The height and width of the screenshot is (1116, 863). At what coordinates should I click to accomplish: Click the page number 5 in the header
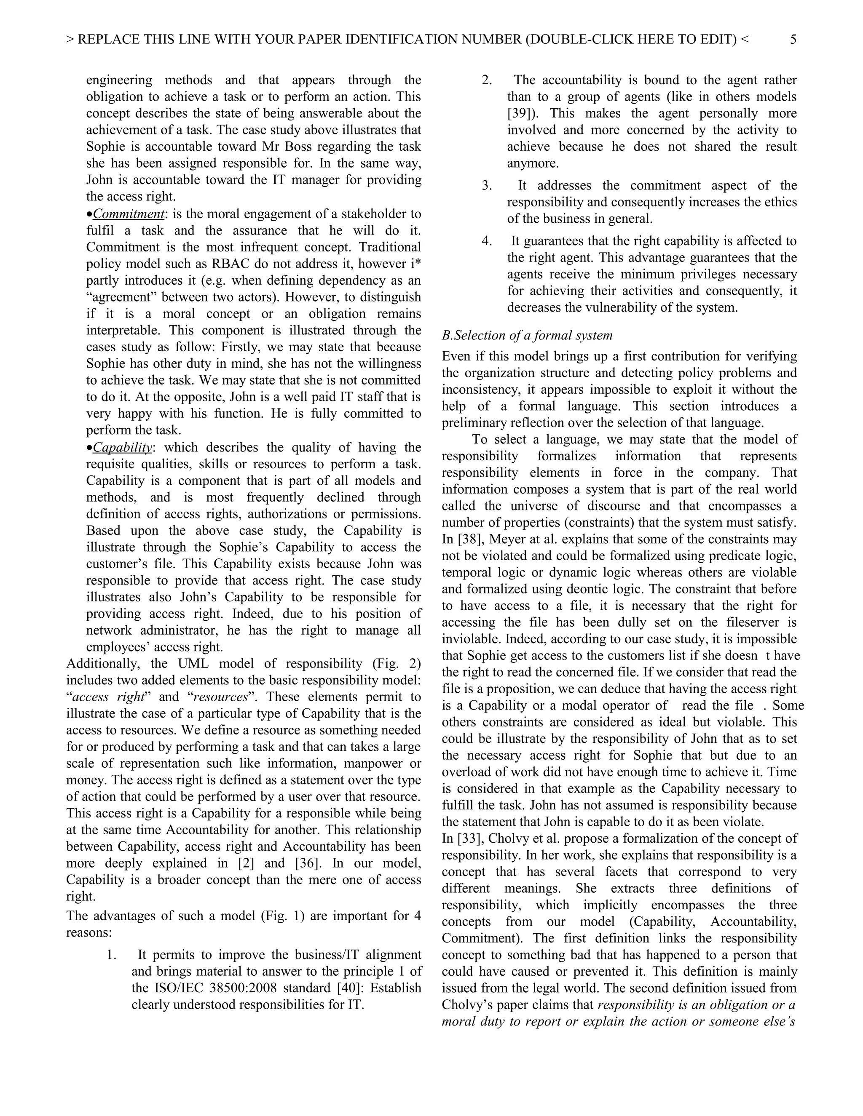pyautogui.click(x=793, y=39)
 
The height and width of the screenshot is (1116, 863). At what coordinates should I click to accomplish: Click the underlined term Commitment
pyautogui.click(x=129, y=214)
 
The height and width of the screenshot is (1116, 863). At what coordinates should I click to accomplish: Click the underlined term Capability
pyautogui.click(x=123, y=447)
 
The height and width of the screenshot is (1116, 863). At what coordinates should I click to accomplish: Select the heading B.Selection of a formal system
pyautogui.click(x=527, y=335)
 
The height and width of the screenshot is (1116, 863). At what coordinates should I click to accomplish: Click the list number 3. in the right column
pyautogui.click(x=487, y=185)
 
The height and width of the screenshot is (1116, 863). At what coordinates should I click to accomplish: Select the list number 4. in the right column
pyautogui.click(x=487, y=240)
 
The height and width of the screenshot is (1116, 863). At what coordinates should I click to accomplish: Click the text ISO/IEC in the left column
pyautogui.click(x=177, y=988)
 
